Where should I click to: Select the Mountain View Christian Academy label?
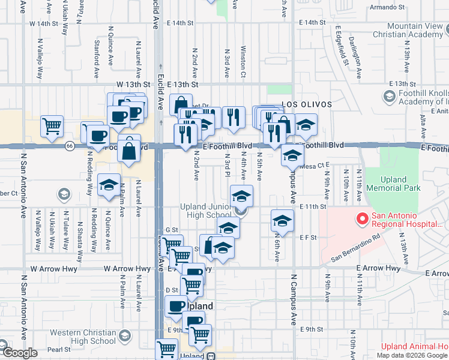414,31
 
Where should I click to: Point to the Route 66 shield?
70,146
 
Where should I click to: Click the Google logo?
19,353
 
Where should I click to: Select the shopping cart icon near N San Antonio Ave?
52,126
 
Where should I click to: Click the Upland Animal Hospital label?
415,347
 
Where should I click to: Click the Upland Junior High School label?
206,211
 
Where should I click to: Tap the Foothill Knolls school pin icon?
388,96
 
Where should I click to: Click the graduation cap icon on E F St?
282,221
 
